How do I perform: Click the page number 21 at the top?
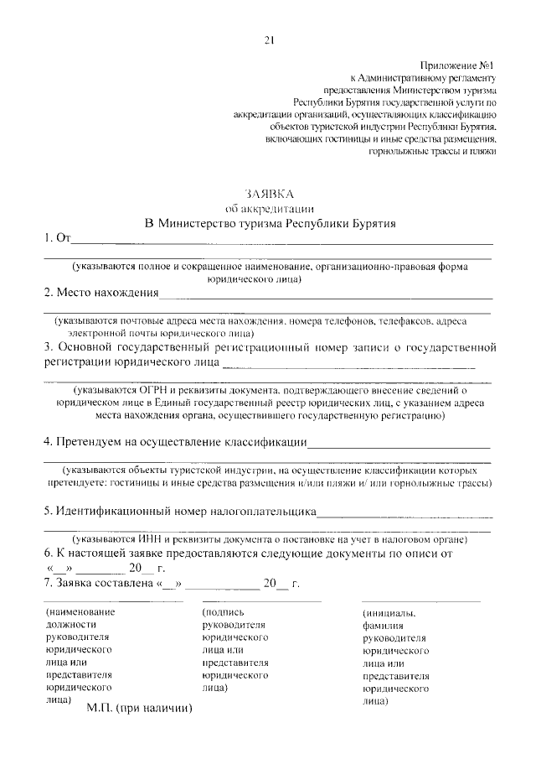click(268, 39)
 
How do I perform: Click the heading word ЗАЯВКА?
click(268, 194)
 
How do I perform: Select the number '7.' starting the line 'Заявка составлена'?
click(49, 584)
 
